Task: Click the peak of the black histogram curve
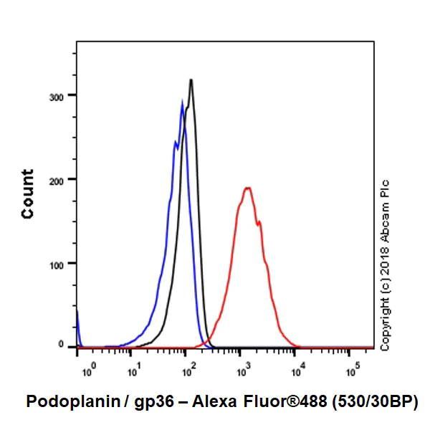coord(191,80)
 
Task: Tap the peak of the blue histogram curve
coord(182,102)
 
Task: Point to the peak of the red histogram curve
coord(247,188)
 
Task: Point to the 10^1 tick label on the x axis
coord(134,370)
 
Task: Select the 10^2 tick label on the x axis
coord(189,370)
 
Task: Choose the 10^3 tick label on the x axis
coord(244,370)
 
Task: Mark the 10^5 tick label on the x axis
coord(352,370)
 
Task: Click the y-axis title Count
coord(28,193)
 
